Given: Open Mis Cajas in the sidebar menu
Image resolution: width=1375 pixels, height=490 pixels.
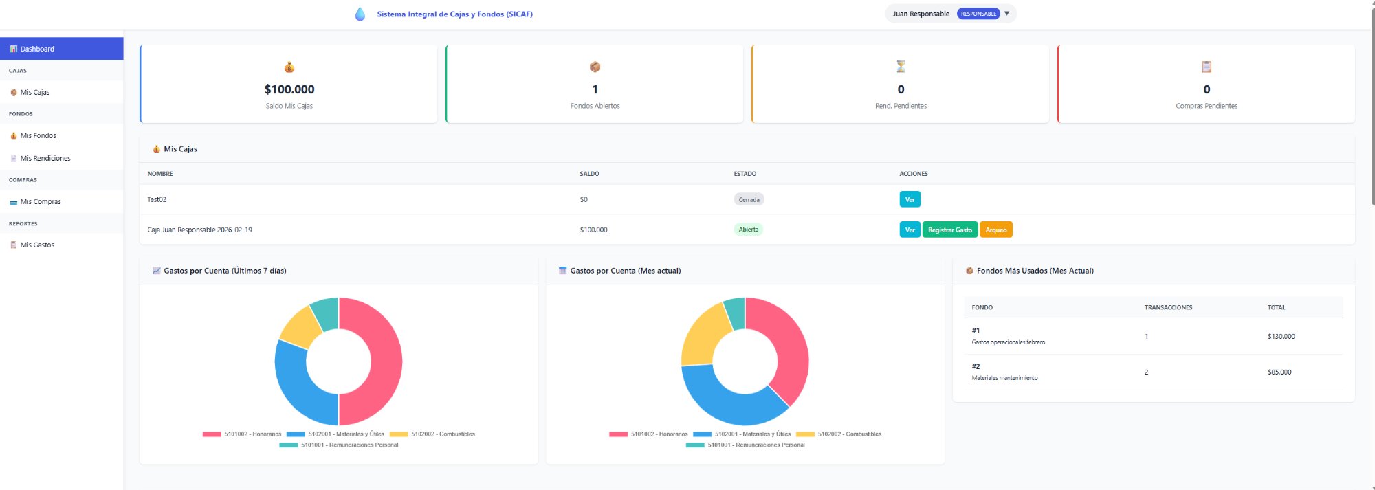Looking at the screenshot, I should coord(34,92).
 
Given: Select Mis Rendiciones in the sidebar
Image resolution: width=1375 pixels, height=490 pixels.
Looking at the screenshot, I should coord(45,158).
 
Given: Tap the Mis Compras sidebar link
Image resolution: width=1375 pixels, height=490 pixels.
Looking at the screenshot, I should coord(41,201).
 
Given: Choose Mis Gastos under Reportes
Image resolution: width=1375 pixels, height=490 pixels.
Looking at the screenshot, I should coord(37,245).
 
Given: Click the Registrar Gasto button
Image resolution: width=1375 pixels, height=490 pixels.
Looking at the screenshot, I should coord(949,230).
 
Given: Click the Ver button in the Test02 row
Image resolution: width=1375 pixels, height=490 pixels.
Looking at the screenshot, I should coord(910,199).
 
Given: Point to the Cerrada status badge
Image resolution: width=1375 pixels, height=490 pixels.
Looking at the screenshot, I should coord(749,199).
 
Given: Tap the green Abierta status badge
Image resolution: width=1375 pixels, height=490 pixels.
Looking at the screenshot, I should coord(748,230).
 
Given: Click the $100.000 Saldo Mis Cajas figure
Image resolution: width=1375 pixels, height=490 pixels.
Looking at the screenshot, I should coord(289,89).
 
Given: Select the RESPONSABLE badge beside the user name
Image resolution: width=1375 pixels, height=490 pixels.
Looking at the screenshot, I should coord(978,14).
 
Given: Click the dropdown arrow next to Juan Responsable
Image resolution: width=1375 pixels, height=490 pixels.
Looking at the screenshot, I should coord(1006,14).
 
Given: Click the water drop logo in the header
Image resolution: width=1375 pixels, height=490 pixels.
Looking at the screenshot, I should coord(360,14).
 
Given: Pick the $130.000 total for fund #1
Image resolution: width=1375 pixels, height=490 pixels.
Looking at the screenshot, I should coord(1281,336).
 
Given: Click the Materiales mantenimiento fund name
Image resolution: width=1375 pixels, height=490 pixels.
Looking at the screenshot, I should coord(1004,377).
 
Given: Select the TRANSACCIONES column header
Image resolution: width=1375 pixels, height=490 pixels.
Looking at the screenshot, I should coord(1168,307).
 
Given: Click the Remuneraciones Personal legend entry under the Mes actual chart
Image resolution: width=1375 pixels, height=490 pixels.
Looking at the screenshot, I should coord(756,445).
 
